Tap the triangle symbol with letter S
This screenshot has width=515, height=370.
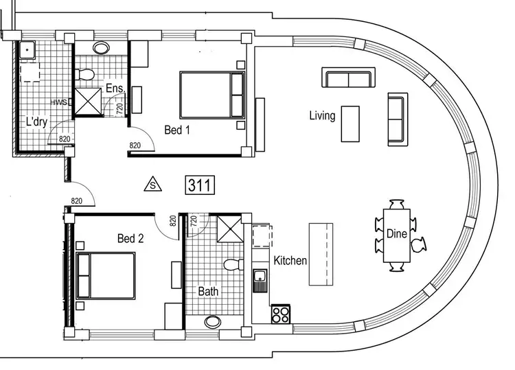(152, 184)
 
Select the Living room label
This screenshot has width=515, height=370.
(322, 115)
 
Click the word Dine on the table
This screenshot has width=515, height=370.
(396, 233)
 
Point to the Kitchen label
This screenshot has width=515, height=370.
(290, 261)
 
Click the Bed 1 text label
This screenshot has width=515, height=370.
(177, 129)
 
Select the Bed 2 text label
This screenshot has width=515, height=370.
(130, 239)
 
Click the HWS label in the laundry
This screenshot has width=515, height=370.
(58, 102)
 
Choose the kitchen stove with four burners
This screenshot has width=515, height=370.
(280, 314)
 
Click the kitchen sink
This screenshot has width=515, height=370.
(260, 279)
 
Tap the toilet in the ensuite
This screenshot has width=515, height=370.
(87, 73)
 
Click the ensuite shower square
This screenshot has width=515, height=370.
(87, 102)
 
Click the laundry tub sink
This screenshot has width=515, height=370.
(27, 49)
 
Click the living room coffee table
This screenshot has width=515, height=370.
(350, 124)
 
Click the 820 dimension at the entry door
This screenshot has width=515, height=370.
(76, 201)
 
